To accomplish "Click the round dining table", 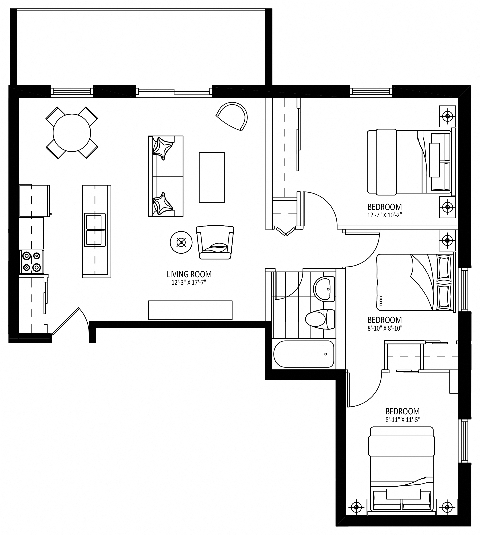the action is pyautogui.click(x=72, y=133).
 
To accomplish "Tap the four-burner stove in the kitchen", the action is pyautogui.click(x=31, y=261).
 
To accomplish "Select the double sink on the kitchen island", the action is pyautogui.click(x=95, y=230).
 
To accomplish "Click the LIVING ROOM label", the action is pyautogui.click(x=189, y=274).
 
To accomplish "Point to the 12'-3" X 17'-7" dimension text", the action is pyautogui.click(x=189, y=283).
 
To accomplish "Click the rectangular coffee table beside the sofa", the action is pyautogui.click(x=212, y=177).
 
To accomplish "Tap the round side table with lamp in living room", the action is pyautogui.click(x=181, y=242).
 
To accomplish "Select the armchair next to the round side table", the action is pyautogui.click(x=215, y=242).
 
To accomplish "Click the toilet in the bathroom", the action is pyautogui.click(x=320, y=319).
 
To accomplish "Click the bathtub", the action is pyautogui.click(x=304, y=354).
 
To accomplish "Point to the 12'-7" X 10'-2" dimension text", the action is pyautogui.click(x=385, y=215).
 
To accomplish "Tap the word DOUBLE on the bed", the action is pyautogui.click(x=381, y=300).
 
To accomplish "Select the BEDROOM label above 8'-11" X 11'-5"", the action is pyautogui.click(x=402, y=411).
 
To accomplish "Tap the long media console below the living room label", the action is pyautogui.click(x=190, y=310).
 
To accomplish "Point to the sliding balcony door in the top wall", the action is pyautogui.click(x=174, y=91).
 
